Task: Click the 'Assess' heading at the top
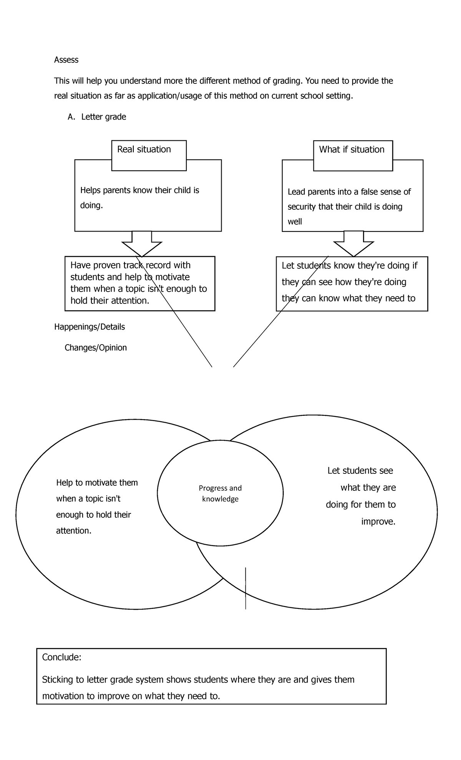point(66,60)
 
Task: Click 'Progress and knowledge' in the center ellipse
point(220,493)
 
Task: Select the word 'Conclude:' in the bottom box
point(61,657)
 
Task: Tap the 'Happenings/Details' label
point(90,327)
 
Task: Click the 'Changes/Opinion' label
point(96,348)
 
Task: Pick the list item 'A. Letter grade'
point(97,117)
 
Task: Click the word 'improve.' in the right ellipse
point(378,522)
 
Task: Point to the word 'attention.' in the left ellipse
point(74,531)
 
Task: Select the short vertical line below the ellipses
point(245,588)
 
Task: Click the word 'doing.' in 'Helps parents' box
point(91,205)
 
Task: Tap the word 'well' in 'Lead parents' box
point(295,222)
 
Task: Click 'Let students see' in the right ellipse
point(360,471)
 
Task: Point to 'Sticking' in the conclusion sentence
point(57,680)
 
